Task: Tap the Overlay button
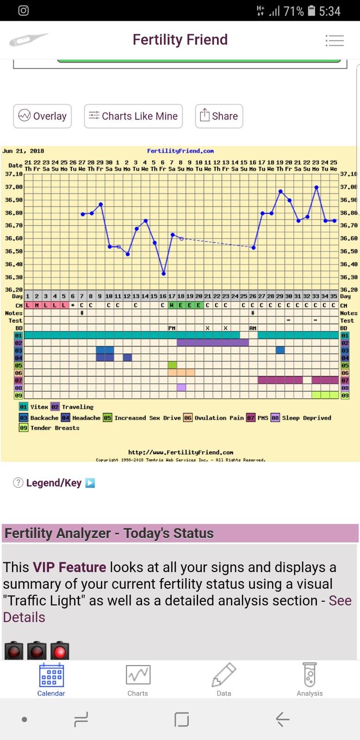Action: (x=42, y=116)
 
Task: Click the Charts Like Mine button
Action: (x=133, y=116)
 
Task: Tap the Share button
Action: (x=219, y=116)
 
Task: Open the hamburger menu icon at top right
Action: (x=335, y=41)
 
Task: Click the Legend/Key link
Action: (x=54, y=483)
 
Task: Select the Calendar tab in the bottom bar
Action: (x=51, y=680)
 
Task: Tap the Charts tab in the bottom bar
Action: (x=138, y=680)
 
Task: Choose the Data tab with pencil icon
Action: (x=224, y=680)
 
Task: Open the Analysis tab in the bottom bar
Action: (x=310, y=680)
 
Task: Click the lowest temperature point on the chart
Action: (x=163, y=274)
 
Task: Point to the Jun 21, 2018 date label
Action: (x=23, y=151)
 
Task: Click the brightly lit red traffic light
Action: (x=60, y=652)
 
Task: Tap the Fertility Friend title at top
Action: (x=180, y=40)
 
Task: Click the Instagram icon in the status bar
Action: (x=23, y=11)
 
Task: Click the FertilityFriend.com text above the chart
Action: (x=180, y=151)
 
